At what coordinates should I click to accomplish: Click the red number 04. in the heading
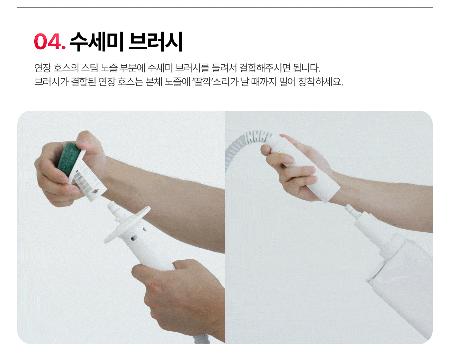(50, 41)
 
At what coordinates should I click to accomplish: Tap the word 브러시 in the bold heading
(156, 41)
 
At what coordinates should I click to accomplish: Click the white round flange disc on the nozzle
(127, 224)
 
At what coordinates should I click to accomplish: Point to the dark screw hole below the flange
(133, 238)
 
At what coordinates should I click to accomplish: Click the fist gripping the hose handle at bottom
(178, 297)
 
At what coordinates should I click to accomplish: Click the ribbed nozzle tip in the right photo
(351, 210)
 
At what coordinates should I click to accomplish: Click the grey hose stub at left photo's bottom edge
(202, 340)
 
